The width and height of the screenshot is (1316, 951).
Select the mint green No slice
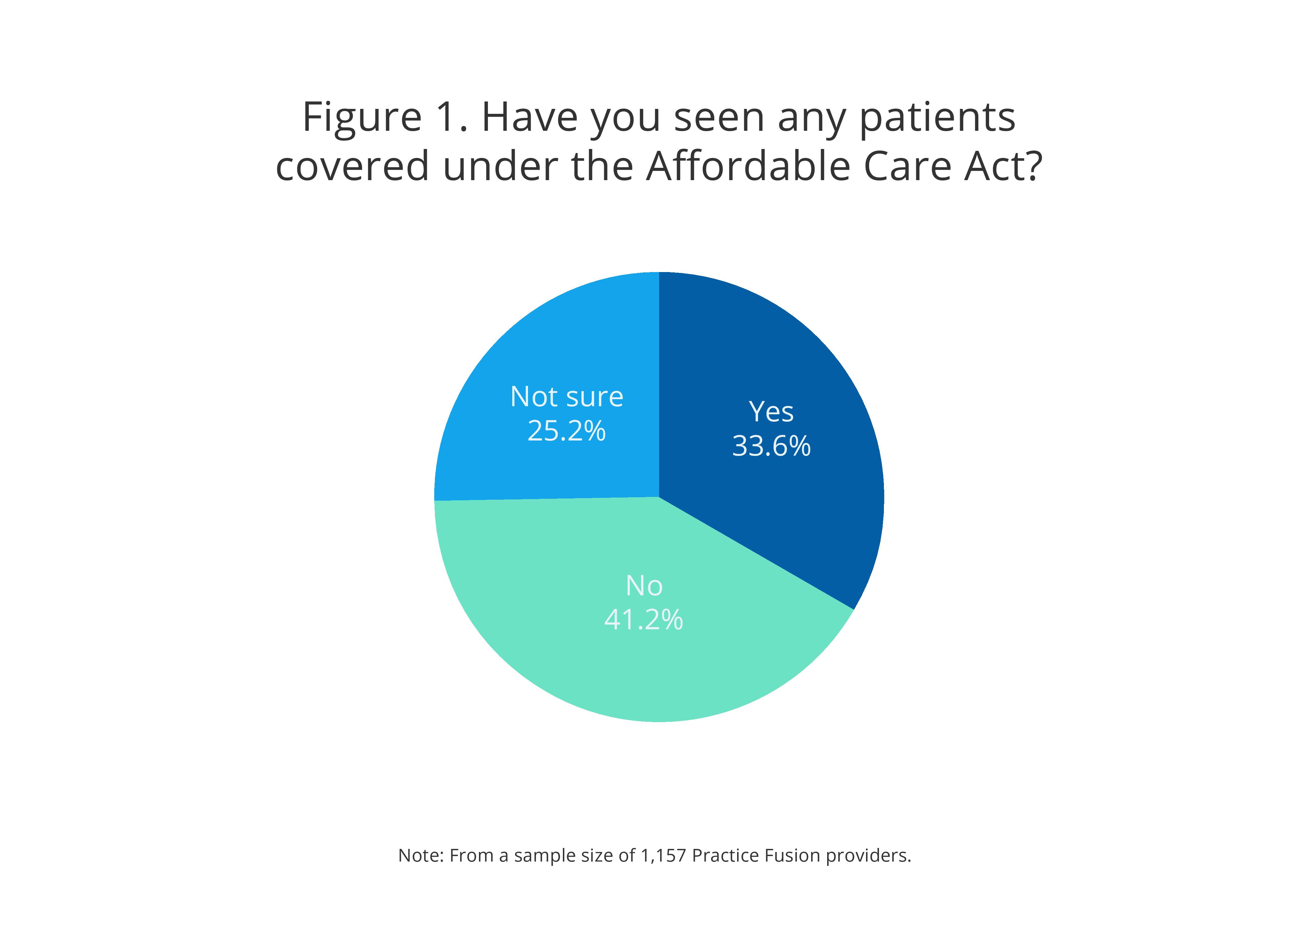(x=580, y=667)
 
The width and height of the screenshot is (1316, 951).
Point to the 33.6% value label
(x=771, y=446)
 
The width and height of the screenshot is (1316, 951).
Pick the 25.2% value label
(x=566, y=431)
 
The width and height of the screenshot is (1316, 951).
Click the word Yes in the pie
(x=771, y=412)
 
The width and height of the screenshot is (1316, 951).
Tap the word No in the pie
(x=643, y=586)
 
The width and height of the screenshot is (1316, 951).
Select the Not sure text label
(x=566, y=397)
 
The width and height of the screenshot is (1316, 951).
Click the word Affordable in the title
(x=749, y=167)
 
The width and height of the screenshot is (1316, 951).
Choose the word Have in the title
(x=529, y=118)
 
